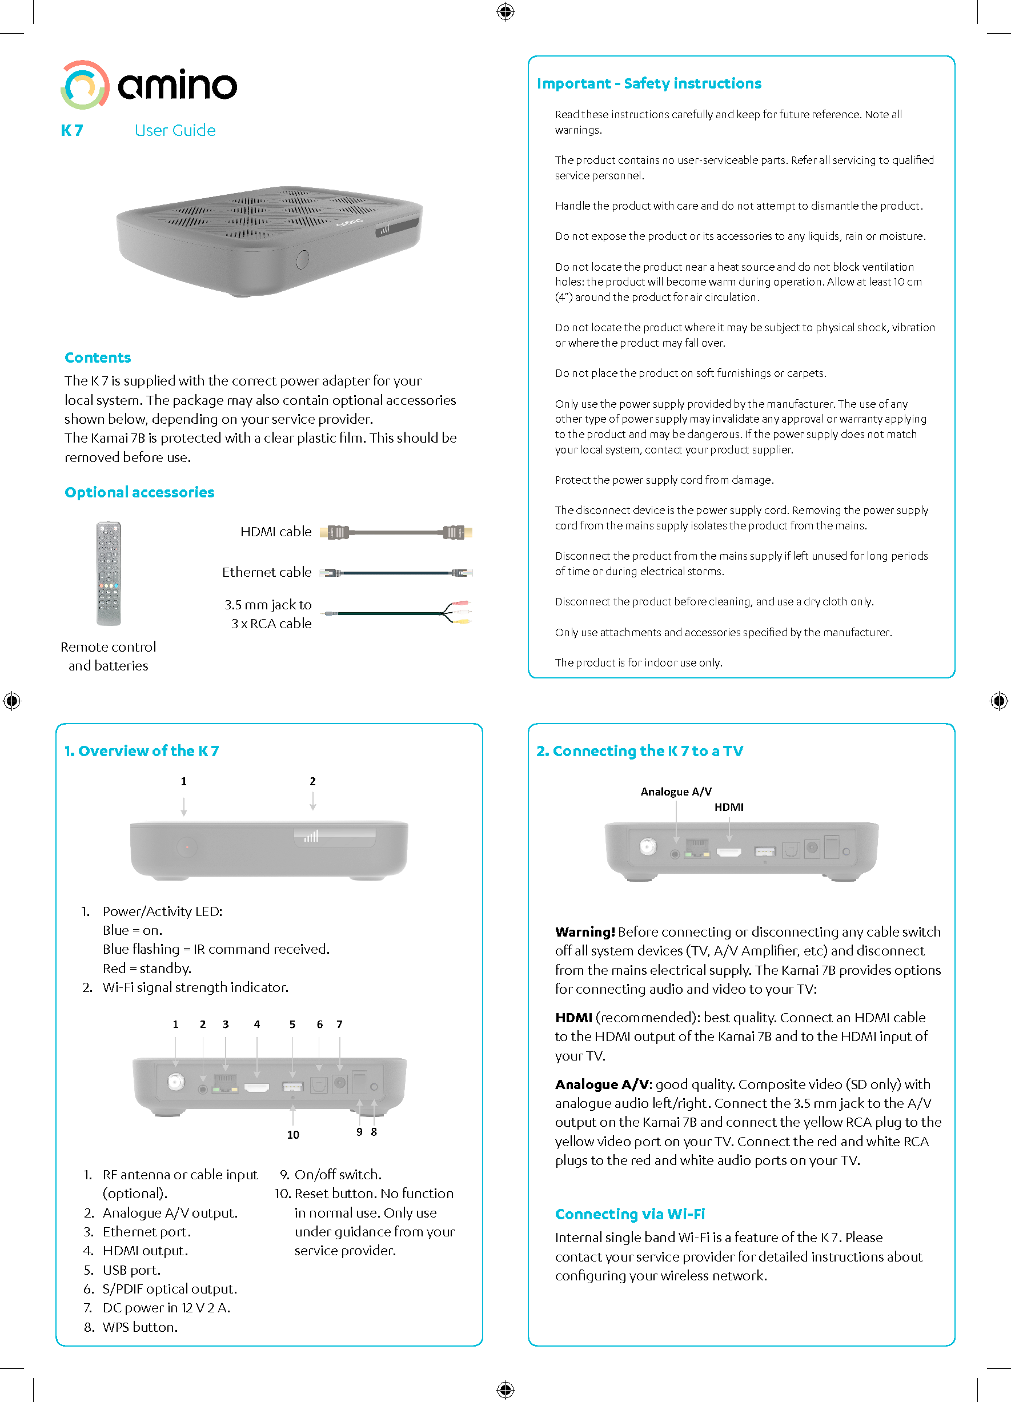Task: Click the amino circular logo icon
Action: click(85, 85)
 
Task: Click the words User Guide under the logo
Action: click(175, 130)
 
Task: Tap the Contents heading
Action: click(98, 357)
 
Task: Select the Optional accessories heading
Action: click(139, 492)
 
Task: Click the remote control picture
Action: click(109, 574)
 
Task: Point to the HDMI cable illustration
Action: click(396, 532)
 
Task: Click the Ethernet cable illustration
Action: click(396, 573)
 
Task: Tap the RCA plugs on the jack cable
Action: click(460, 612)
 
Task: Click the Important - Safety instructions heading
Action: click(649, 83)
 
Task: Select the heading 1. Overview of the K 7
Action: click(142, 750)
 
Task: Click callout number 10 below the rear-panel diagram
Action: click(293, 1134)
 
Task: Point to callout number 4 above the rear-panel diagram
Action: click(256, 1025)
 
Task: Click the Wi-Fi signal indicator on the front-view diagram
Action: click(311, 837)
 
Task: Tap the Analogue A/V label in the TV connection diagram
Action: click(676, 792)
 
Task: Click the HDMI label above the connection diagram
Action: click(729, 807)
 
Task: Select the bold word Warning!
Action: click(584, 931)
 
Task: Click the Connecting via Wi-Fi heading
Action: click(629, 1214)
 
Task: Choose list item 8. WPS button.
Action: click(139, 1327)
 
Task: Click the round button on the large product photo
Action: click(302, 259)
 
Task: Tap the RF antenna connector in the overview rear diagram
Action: click(176, 1082)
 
